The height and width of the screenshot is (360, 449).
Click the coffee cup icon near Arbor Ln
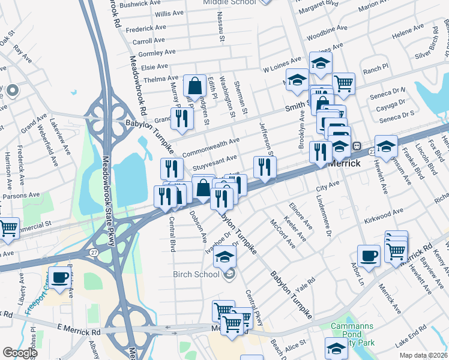tap(369, 255)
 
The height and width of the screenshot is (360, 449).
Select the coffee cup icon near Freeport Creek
tap(60, 277)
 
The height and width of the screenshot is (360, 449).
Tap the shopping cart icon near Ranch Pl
tap(343, 83)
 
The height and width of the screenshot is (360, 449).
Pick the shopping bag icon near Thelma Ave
tap(195, 86)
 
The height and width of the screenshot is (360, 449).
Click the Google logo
tap(20, 353)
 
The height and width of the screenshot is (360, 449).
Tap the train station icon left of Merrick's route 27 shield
tap(356, 145)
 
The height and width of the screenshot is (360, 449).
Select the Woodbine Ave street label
tap(326, 28)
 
